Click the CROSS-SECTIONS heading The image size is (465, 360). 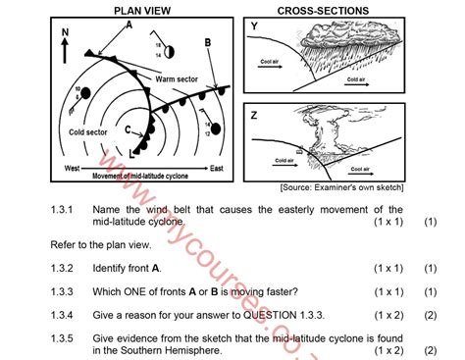point(323,10)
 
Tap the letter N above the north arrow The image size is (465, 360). point(65,32)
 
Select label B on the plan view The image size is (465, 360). point(208,43)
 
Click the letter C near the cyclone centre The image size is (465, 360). point(128,129)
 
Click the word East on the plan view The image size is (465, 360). point(216,169)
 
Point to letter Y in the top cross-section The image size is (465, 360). point(254,26)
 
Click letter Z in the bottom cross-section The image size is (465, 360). point(254,115)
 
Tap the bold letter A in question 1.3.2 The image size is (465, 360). point(157,268)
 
